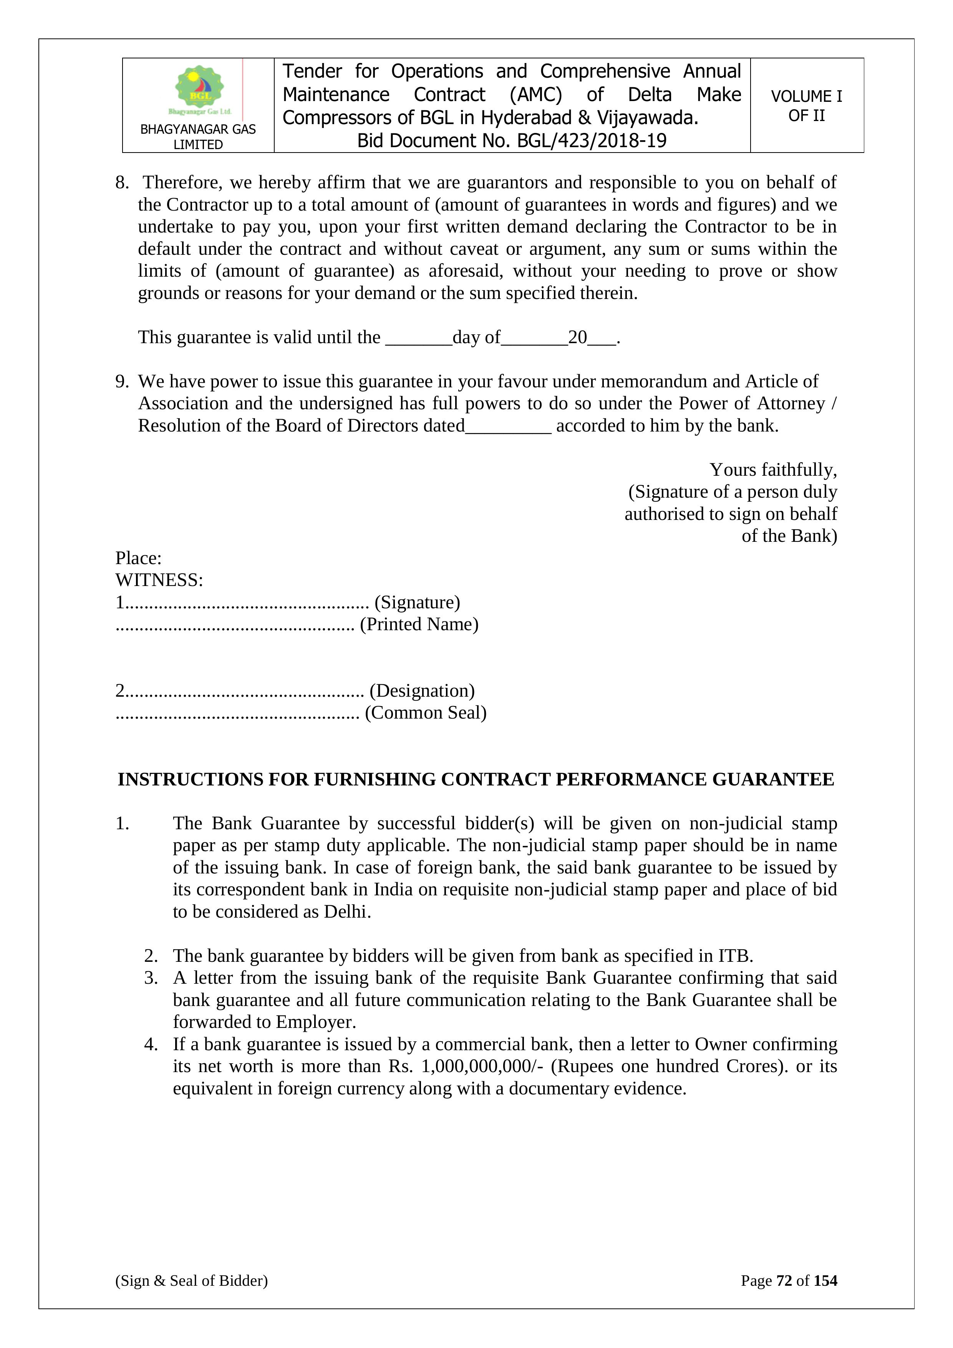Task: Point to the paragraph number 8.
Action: tap(121, 183)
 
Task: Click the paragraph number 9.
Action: tap(121, 382)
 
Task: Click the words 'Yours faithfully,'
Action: tap(773, 470)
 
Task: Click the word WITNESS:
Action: tap(159, 580)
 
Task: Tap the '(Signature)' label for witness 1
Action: tap(417, 603)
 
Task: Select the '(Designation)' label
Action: tap(422, 691)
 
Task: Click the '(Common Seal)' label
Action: tap(426, 713)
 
